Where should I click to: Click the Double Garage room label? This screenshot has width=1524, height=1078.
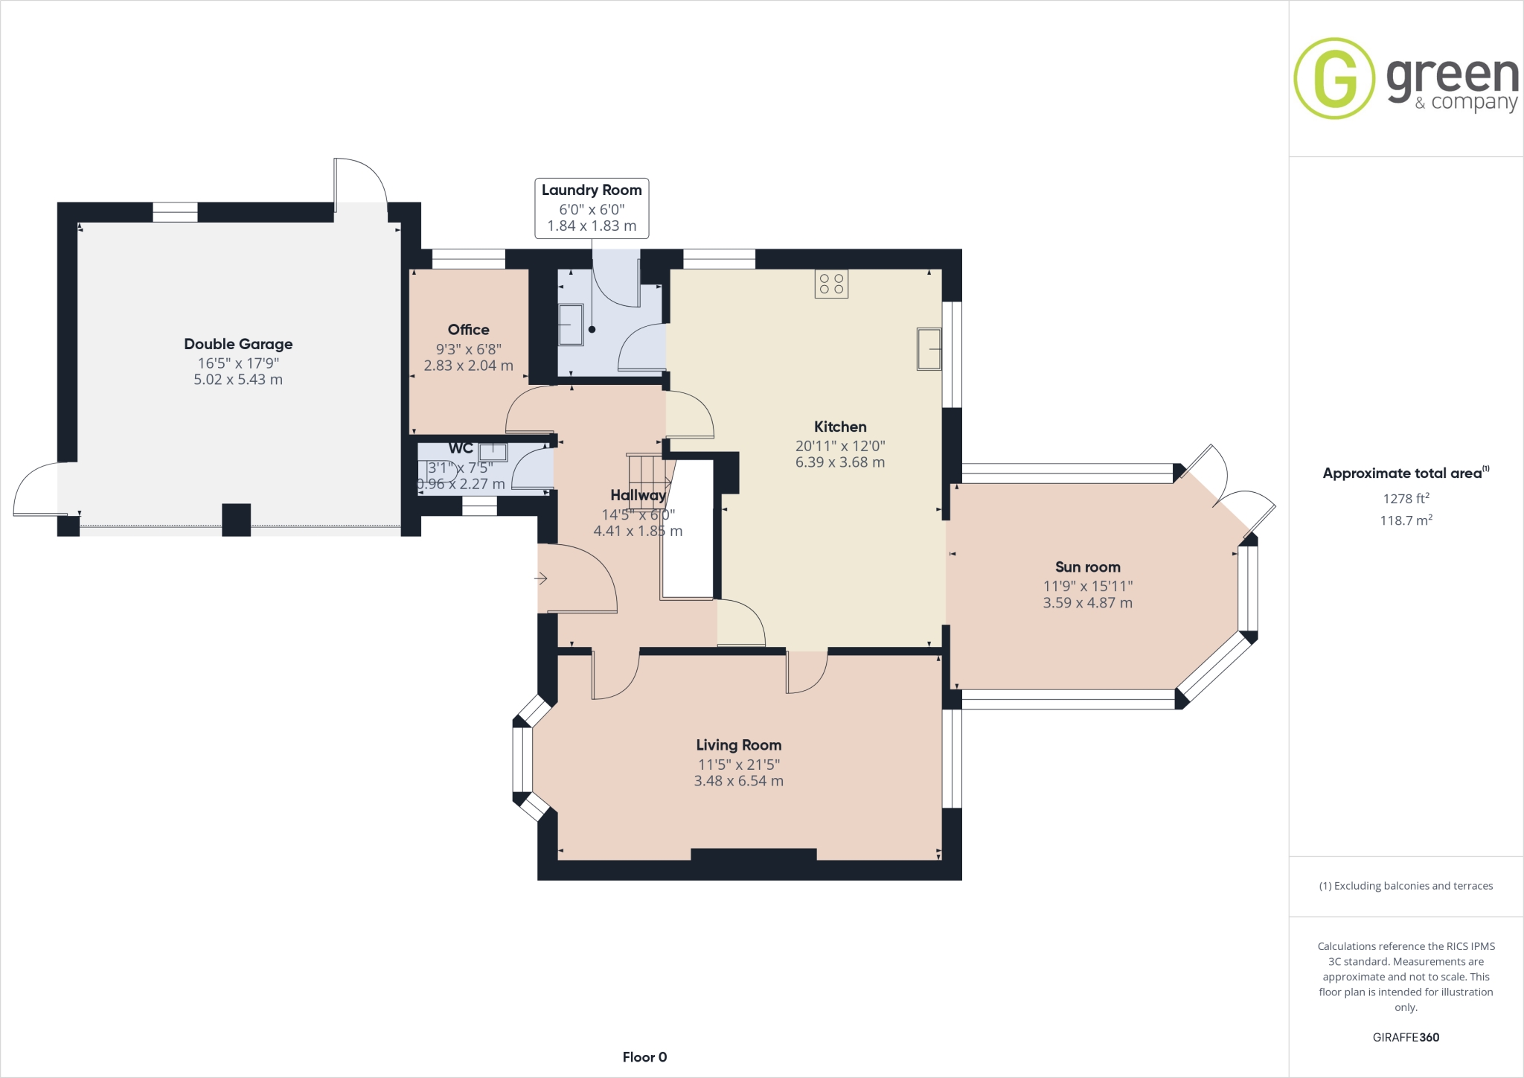coord(238,344)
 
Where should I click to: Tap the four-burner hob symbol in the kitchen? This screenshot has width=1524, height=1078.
coord(831,284)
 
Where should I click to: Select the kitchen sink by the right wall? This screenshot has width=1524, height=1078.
coord(929,349)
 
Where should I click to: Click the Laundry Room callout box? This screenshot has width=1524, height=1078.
coord(592,208)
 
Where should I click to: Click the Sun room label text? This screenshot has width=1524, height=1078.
coord(1087,567)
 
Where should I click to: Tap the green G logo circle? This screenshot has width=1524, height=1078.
coord(1334,78)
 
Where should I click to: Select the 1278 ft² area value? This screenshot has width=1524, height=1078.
coord(1406,499)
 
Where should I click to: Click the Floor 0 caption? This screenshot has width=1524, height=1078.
coord(644,1057)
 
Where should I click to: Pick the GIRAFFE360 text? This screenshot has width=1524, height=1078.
coord(1406,1037)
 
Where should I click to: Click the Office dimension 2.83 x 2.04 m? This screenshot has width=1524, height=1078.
coord(468,366)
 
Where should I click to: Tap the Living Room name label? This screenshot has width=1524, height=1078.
coord(738,745)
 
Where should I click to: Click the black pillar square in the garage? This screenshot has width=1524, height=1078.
coord(236,520)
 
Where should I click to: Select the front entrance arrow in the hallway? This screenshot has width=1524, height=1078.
coord(541,578)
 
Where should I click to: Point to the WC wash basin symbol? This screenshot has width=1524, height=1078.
coord(493,452)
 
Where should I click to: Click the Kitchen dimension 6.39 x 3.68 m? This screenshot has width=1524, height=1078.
coord(839,462)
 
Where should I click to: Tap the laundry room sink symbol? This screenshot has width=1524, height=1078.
coord(571,325)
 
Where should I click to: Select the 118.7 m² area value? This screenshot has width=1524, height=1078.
coord(1406,520)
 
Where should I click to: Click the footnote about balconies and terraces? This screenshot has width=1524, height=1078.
coord(1406,886)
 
